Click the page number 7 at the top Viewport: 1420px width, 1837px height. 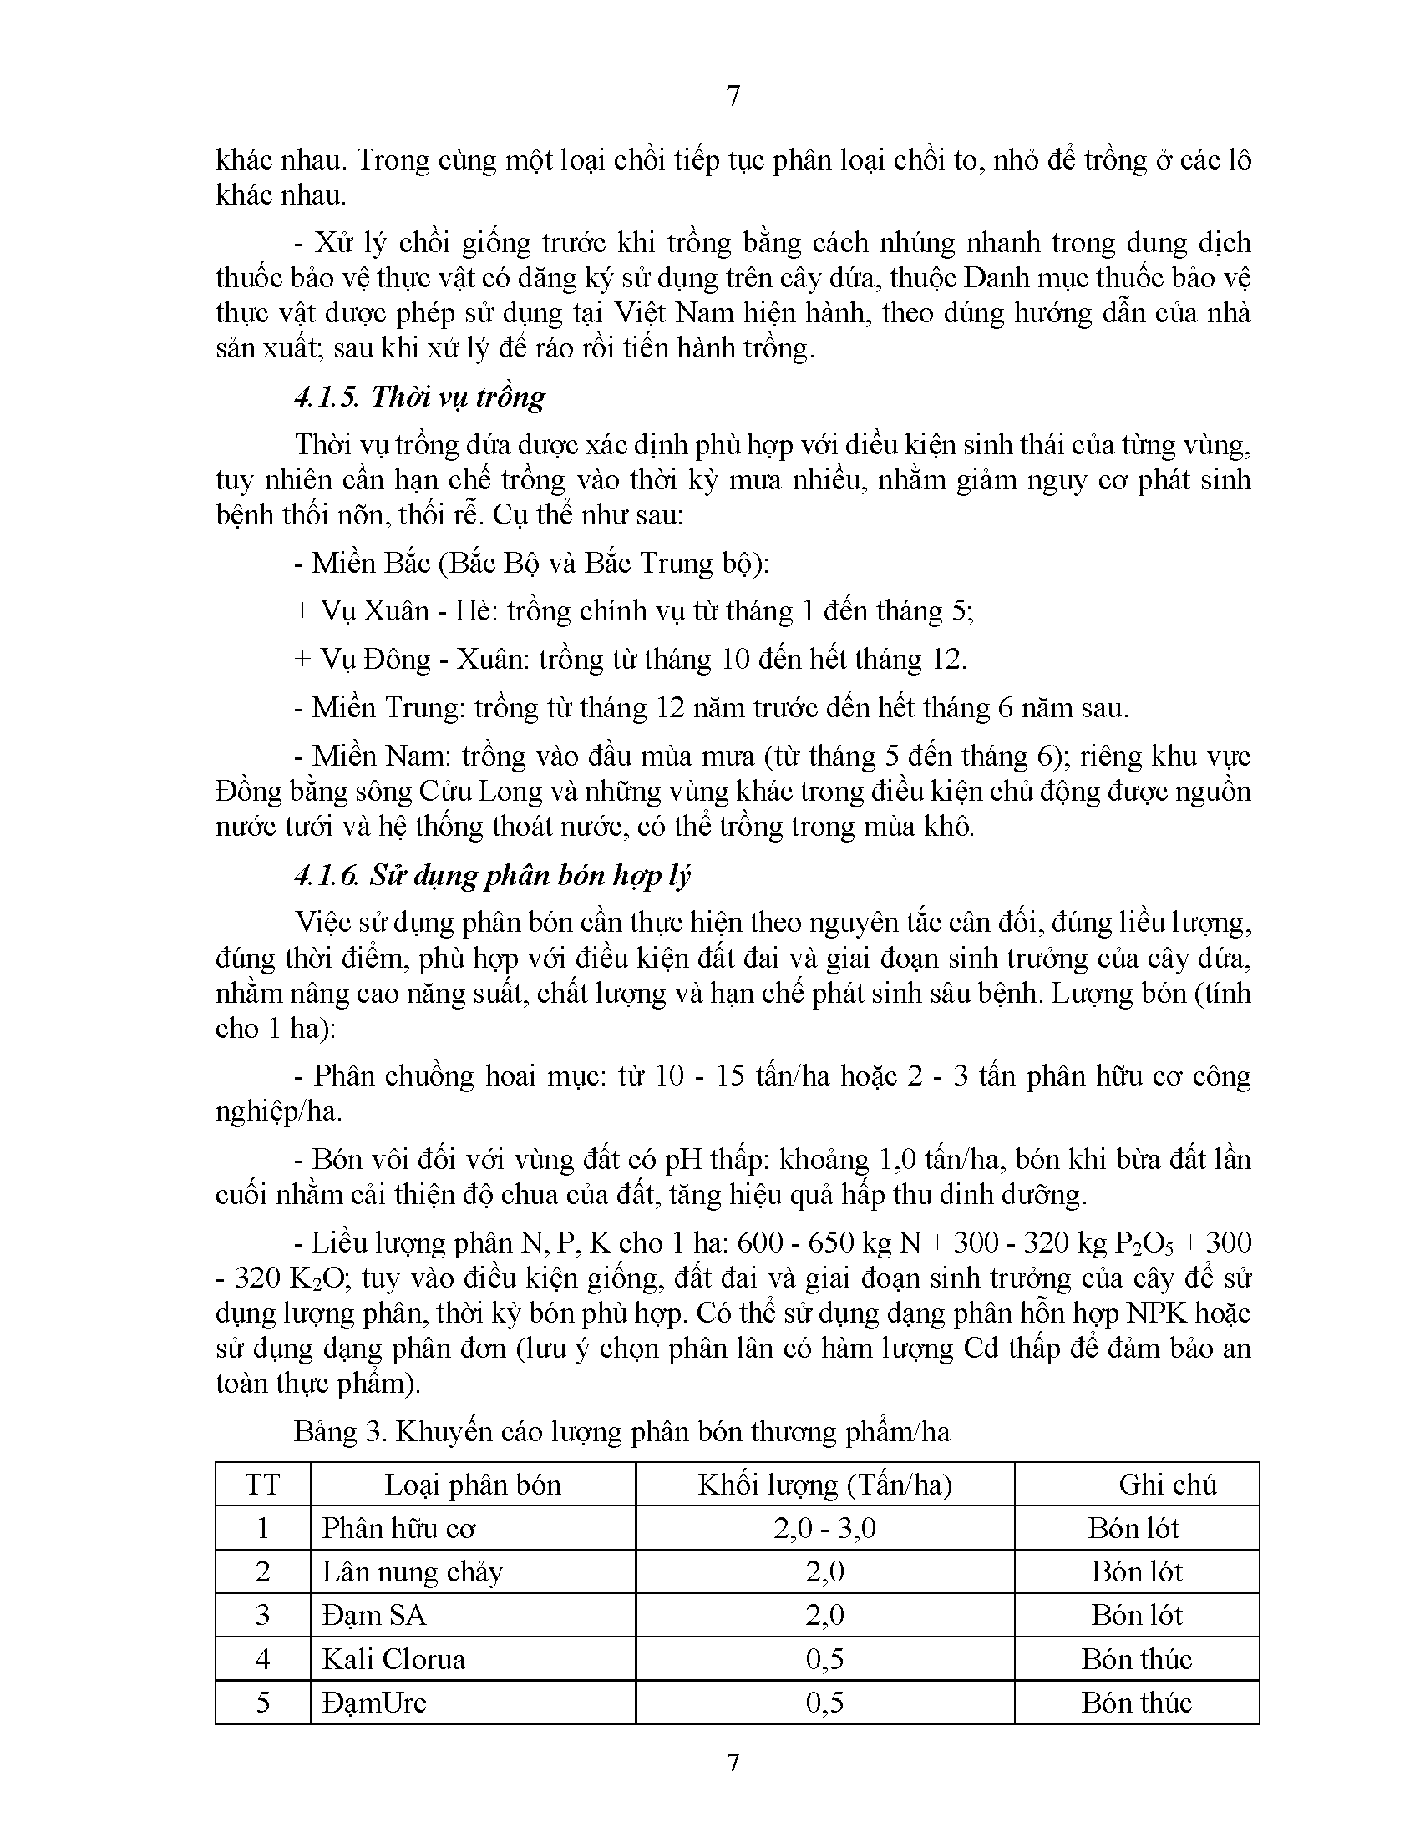click(x=733, y=97)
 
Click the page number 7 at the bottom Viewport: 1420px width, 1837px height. click(x=733, y=1762)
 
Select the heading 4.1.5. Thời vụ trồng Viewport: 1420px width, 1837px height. click(x=419, y=396)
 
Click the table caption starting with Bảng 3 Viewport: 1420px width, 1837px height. click(x=621, y=1430)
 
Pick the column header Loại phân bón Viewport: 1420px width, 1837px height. click(x=472, y=1485)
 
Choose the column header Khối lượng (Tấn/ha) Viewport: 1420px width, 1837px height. click(x=824, y=1485)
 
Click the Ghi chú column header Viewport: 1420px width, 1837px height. click(x=1168, y=1485)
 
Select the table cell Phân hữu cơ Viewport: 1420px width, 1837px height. click(x=398, y=1528)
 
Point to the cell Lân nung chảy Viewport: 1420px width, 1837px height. click(x=411, y=1572)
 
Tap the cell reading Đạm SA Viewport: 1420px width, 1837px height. click(x=373, y=1615)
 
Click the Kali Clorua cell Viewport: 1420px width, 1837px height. click(x=393, y=1658)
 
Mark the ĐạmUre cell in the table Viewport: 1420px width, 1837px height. click(x=373, y=1703)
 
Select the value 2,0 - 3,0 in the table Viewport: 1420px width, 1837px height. click(x=824, y=1528)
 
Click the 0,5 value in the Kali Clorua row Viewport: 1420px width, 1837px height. click(x=824, y=1658)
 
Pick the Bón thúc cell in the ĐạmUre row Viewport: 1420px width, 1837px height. click(x=1137, y=1703)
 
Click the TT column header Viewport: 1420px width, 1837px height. click(x=262, y=1485)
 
